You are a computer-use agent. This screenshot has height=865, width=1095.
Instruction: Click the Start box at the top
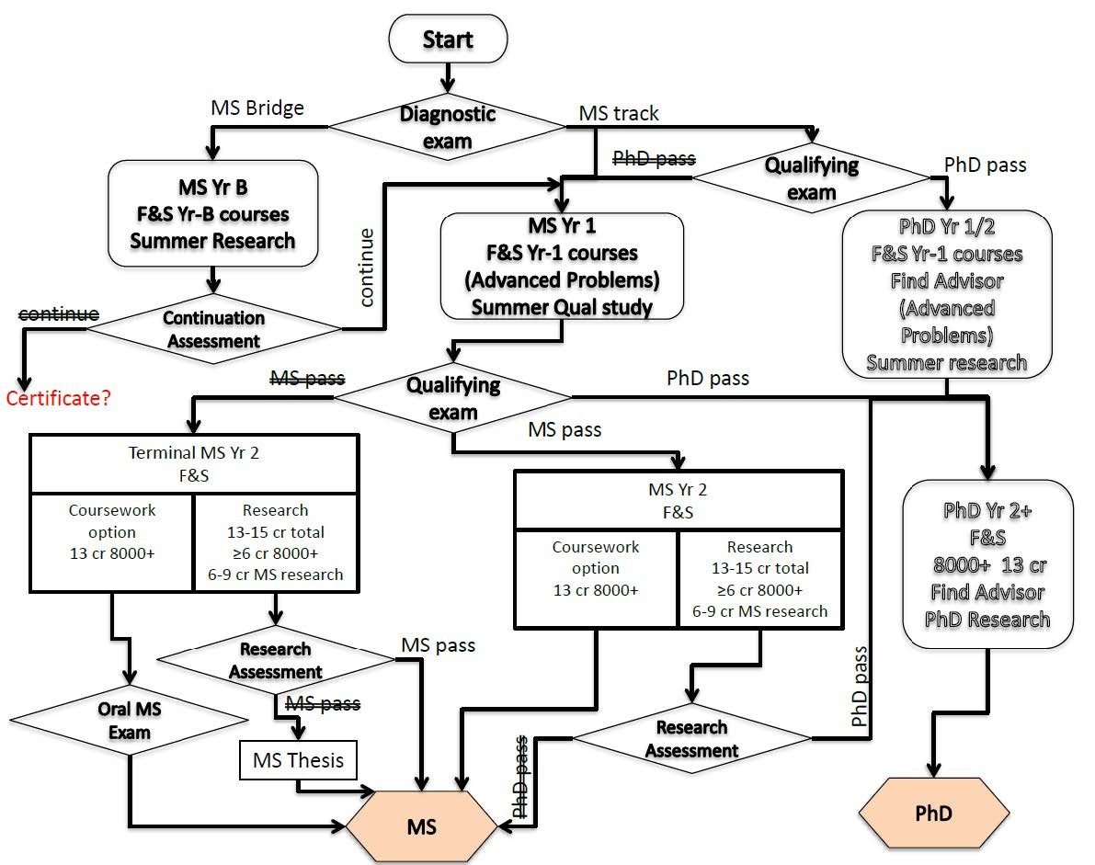pos(448,40)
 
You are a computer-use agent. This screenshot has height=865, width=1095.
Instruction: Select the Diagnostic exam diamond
pos(448,128)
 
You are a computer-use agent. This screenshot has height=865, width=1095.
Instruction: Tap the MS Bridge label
pos(257,108)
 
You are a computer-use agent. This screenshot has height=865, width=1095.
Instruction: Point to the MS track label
pos(618,113)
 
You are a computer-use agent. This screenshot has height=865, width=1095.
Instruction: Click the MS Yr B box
pos(212,214)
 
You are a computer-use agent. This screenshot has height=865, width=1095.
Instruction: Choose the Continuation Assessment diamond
pos(213,329)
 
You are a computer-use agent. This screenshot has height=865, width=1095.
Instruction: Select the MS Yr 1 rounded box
pos(563,266)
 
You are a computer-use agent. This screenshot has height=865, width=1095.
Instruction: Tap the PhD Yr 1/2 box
pos(946,292)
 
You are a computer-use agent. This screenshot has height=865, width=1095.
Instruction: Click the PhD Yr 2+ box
pos(987,564)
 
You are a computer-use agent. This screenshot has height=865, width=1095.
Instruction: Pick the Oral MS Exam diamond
pos(131,721)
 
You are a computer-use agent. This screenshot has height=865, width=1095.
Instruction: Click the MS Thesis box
pos(298,760)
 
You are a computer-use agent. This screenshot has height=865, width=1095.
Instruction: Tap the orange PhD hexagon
pos(933,814)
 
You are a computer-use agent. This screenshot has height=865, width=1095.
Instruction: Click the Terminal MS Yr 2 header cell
pos(194,464)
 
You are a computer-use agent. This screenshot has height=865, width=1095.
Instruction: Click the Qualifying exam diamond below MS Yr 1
pos(453,397)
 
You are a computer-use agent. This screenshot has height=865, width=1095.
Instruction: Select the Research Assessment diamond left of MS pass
pos(275,660)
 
